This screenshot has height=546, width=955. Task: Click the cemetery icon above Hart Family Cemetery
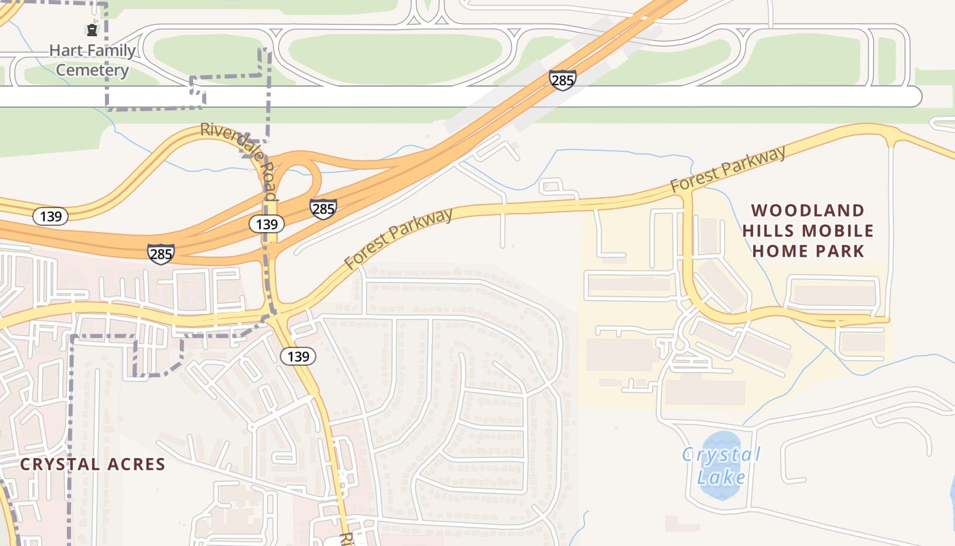(91, 29)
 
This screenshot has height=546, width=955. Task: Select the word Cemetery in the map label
(92, 70)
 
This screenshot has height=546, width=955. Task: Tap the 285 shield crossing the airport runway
(563, 81)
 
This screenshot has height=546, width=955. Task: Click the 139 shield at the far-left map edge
(50, 217)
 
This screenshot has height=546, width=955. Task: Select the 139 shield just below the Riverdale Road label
(267, 224)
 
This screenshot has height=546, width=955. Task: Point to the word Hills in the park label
(769, 231)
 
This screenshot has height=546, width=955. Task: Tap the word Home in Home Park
(779, 251)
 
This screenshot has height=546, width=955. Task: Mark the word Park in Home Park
(840, 251)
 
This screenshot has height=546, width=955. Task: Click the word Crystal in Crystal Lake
(722, 455)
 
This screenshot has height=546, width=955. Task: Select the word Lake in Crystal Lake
(722, 476)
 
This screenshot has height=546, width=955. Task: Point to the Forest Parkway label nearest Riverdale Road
(399, 238)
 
